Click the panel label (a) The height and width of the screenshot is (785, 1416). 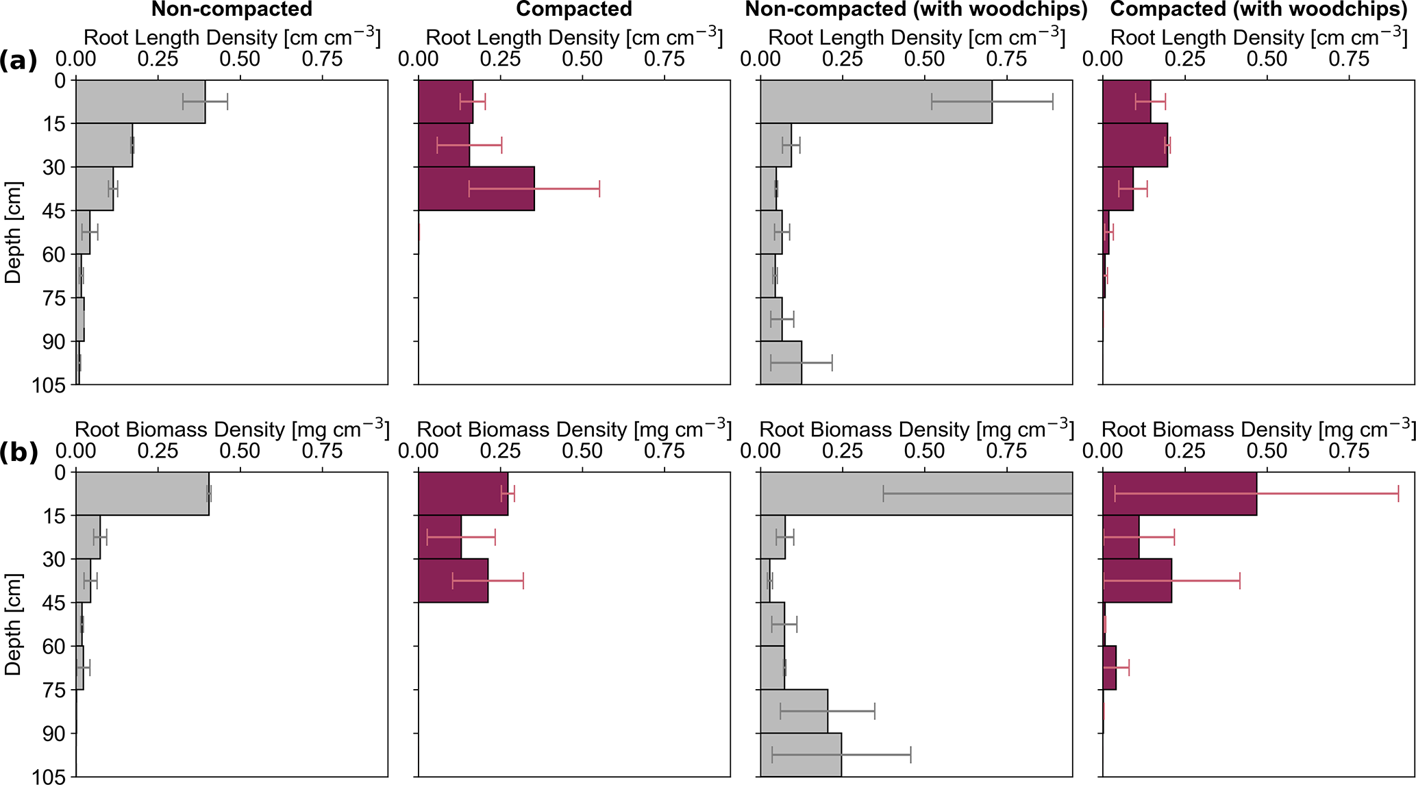pos(18,61)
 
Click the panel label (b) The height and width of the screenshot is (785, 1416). pos(18,453)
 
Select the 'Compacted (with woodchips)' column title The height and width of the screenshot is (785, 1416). pos(1258,10)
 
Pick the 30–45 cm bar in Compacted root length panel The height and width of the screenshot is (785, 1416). pos(476,188)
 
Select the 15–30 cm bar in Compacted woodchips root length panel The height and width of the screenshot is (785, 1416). pos(1135,145)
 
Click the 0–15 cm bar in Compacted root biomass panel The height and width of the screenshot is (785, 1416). pos(463,494)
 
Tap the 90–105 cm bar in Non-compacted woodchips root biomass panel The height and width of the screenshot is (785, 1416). pos(801,755)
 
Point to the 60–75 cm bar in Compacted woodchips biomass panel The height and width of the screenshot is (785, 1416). pos(1110,667)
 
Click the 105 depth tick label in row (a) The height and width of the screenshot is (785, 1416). pos(50,386)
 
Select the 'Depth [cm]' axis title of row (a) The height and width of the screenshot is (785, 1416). pos(14,232)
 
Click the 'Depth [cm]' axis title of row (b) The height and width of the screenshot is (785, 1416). pos(14,624)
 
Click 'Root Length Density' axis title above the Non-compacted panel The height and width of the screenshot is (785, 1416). pos(232,38)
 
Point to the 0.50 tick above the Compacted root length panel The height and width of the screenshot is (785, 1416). pos(582,59)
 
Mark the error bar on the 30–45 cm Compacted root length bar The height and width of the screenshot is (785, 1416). pos(534,188)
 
